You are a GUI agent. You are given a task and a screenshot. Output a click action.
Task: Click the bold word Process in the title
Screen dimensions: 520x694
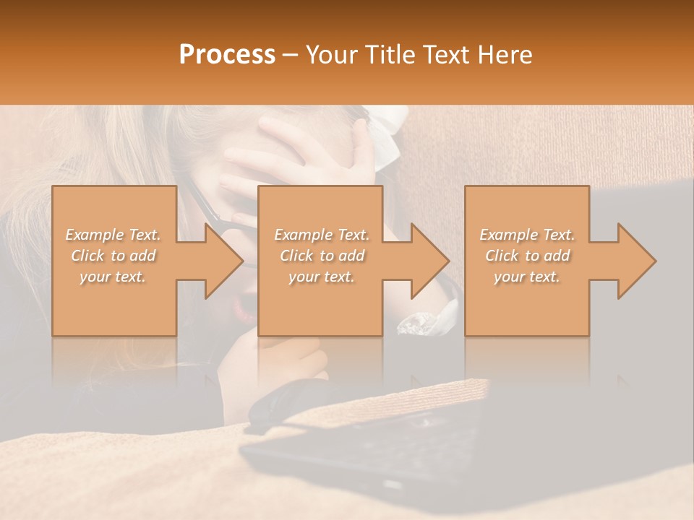227,55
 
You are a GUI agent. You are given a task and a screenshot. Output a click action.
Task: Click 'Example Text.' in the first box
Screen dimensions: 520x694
113,235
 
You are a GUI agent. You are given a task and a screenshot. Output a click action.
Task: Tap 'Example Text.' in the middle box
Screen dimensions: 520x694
321,235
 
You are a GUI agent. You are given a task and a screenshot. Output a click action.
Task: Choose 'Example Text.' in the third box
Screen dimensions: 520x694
527,235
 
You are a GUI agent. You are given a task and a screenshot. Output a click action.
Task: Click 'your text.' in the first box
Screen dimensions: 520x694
113,277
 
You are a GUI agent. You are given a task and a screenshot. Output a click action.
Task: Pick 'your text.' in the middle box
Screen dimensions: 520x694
321,277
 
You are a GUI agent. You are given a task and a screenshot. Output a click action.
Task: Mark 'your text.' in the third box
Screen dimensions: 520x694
527,277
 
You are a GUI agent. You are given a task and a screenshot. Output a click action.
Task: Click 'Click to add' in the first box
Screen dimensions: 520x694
113,256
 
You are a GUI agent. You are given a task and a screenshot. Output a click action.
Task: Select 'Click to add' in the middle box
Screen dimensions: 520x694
321,256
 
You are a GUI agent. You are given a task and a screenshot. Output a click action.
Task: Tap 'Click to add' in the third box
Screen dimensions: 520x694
527,256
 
